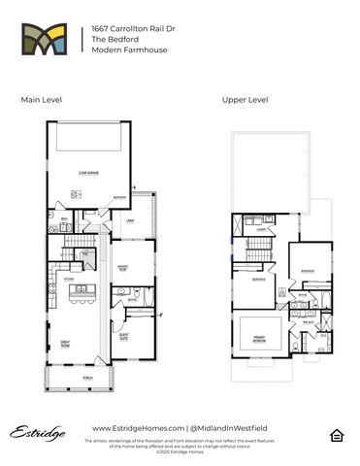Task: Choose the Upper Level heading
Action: pyautogui.click(x=244, y=100)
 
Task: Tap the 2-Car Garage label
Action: pyautogui.click(x=90, y=174)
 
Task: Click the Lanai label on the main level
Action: pyautogui.click(x=129, y=221)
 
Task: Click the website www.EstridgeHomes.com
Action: pyautogui.click(x=133, y=428)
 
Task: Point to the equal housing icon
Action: pyautogui.click(x=335, y=433)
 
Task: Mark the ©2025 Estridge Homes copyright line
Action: pyautogui.click(x=180, y=452)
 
